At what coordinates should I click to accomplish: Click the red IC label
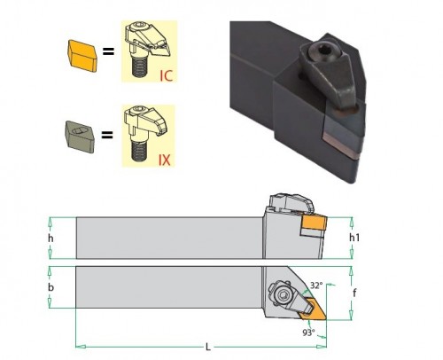(x=166, y=75)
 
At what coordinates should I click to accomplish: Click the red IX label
(x=165, y=160)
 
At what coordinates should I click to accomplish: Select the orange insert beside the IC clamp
(x=82, y=56)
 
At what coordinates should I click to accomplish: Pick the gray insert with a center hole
(x=80, y=137)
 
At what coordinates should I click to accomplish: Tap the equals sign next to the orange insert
(x=108, y=51)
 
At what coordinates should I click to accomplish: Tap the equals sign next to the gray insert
(x=107, y=136)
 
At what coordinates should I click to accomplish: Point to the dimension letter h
(x=51, y=239)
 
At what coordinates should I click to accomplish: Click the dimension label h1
(x=354, y=238)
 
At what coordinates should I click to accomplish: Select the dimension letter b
(x=51, y=287)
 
